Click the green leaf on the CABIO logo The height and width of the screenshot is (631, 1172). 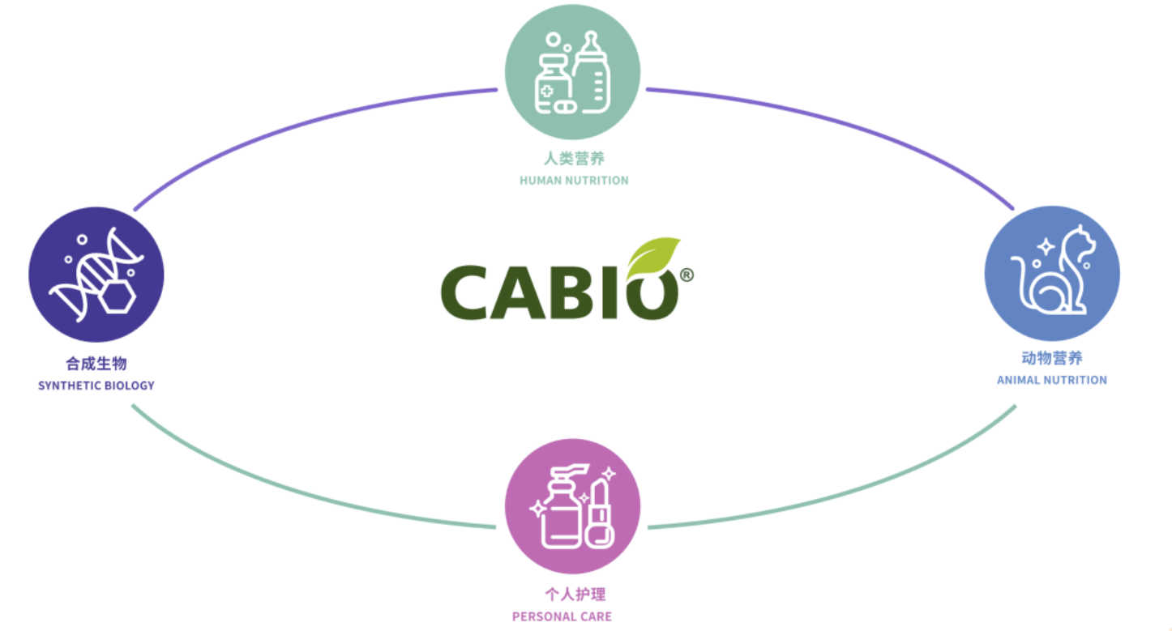tap(653, 258)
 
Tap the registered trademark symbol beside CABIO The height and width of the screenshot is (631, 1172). tap(687, 275)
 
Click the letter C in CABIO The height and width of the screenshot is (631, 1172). tap(464, 292)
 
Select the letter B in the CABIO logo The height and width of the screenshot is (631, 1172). tap(571, 292)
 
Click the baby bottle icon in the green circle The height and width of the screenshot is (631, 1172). tap(592, 72)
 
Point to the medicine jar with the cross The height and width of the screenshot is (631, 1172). tap(551, 83)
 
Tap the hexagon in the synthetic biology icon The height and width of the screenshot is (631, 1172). tap(118, 297)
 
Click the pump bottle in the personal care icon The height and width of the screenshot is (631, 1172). tap(561, 506)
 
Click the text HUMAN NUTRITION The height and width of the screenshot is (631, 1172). tap(574, 181)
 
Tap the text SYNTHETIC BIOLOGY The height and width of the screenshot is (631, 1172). tap(96, 386)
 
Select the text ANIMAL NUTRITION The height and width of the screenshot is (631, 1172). tap(1052, 380)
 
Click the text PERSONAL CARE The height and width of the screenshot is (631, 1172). tap(562, 617)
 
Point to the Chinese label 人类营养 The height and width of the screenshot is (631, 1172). tap(574, 158)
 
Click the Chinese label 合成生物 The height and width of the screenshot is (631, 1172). tap(96, 363)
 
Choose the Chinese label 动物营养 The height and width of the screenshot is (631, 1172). tap(1052, 358)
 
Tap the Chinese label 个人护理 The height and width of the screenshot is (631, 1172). tap(575, 595)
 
